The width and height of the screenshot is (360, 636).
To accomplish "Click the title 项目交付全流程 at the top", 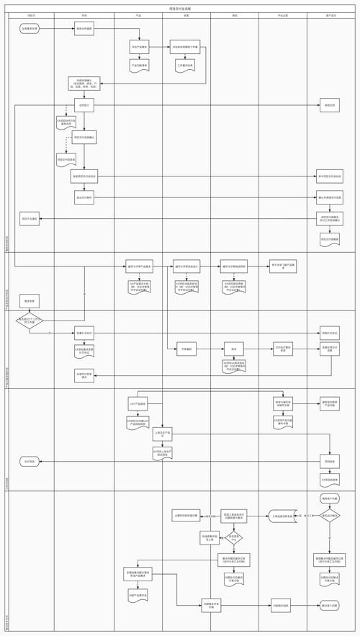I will point(180,8).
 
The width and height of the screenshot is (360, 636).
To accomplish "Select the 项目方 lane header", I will point(30,14).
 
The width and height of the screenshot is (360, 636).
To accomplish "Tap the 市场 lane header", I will point(84,14).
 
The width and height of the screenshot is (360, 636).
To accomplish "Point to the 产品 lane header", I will point(138,14).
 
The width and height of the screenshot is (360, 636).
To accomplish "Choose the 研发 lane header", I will point(186,14).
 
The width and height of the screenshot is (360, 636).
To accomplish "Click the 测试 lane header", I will point(235,14).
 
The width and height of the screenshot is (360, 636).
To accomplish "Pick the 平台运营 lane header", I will point(282,14).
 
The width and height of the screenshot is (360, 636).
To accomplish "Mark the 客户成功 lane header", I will point(330,14).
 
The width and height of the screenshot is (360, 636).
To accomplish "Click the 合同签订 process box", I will point(84,105).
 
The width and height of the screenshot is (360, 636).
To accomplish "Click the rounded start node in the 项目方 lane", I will point(30,30).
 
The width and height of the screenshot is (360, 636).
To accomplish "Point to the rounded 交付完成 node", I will point(30,461).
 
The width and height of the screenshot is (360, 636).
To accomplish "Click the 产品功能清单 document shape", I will point(139,66).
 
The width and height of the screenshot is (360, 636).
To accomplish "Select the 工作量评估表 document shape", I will point(186,66).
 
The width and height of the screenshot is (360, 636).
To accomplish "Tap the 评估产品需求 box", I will point(139,48).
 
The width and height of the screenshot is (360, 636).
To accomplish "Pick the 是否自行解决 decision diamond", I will point(330,516).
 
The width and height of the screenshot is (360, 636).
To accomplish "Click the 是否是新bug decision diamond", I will point(235,537).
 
